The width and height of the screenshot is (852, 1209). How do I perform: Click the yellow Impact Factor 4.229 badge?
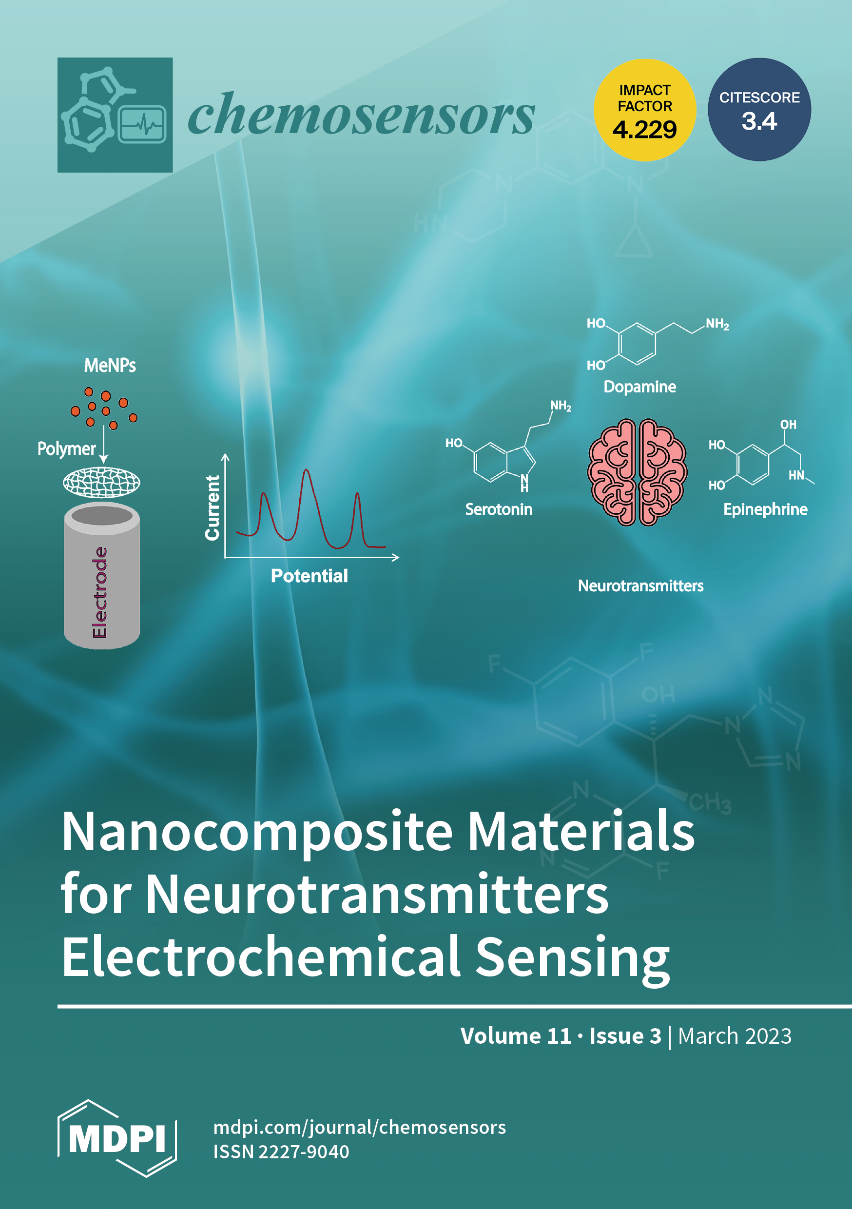(644, 110)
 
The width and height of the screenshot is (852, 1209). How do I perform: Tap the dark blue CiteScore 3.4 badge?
(759, 110)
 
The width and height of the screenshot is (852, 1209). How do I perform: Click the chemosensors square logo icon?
(115, 115)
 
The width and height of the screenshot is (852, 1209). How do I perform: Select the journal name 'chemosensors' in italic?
(361, 115)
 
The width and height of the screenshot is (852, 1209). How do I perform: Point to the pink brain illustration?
(637, 472)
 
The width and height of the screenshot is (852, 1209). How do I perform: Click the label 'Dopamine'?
(639, 387)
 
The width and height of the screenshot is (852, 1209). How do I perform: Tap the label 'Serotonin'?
(499, 509)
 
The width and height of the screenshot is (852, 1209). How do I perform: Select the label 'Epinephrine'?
(765, 509)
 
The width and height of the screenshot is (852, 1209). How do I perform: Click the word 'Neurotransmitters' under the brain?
(640, 585)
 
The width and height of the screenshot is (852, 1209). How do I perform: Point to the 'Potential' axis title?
(309, 576)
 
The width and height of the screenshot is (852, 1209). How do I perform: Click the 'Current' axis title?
(212, 507)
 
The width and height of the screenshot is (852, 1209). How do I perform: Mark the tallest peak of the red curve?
(307, 470)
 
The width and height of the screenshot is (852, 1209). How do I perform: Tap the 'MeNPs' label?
(110, 366)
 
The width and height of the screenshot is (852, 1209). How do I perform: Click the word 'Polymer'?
(66, 448)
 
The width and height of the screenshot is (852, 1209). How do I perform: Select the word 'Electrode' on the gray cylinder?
(100, 592)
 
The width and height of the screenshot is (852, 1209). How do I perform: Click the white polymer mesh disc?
(102, 482)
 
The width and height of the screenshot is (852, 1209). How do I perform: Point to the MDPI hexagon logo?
(117, 1138)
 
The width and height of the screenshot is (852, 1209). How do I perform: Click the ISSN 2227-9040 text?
(281, 1151)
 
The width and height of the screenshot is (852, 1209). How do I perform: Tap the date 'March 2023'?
(735, 1036)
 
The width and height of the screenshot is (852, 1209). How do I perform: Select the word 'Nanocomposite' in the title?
(257, 833)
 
